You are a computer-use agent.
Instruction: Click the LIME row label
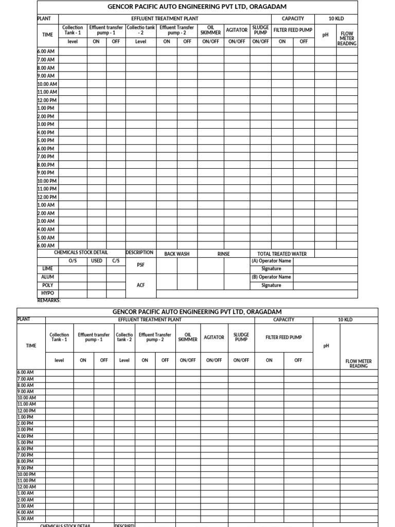click(47, 269)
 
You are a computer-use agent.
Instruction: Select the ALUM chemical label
click(47, 277)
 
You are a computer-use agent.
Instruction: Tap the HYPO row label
click(47, 293)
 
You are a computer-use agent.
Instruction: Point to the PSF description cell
click(140, 265)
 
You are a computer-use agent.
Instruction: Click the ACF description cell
click(140, 285)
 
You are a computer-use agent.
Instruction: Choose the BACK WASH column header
click(177, 254)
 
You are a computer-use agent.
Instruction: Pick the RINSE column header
click(224, 254)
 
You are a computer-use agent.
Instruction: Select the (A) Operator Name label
click(271, 261)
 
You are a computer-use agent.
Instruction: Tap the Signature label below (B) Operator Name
click(271, 285)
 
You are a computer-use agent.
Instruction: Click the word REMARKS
click(49, 300)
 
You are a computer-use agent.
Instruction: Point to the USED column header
click(97, 261)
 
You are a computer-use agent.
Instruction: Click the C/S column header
click(116, 261)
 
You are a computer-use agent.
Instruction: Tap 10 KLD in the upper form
click(336, 19)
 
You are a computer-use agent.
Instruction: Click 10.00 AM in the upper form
click(47, 84)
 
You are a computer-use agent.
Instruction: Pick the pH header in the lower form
click(326, 346)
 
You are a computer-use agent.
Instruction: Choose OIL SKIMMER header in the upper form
click(210, 30)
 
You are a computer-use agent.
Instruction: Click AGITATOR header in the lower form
click(214, 338)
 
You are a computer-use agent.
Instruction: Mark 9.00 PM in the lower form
click(26, 468)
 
